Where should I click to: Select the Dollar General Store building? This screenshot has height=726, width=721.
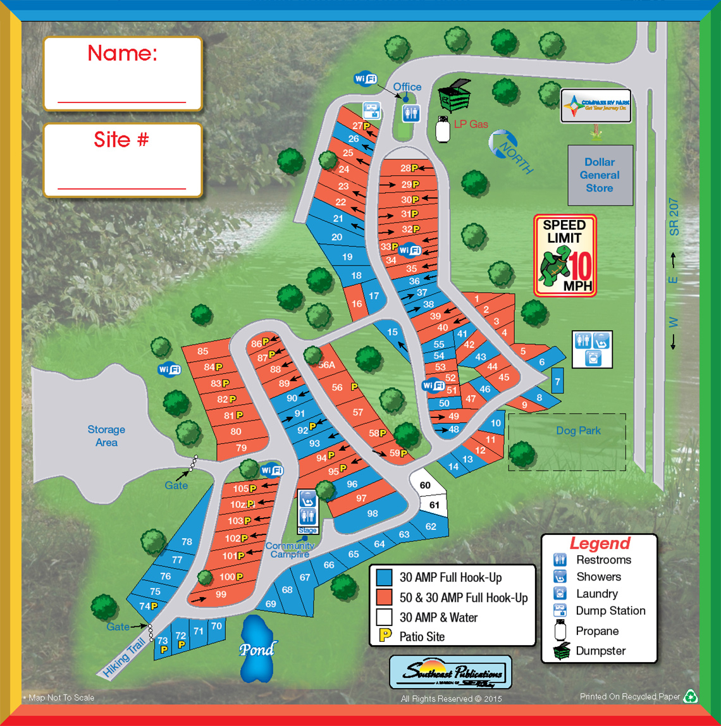(x=600, y=175)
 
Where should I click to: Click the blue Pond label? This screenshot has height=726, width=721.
(x=257, y=649)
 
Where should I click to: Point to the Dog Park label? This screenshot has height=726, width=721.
(x=578, y=431)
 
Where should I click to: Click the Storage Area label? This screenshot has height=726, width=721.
(x=106, y=436)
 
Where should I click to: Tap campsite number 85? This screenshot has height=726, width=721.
(x=202, y=352)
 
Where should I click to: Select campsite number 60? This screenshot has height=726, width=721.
(x=426, y=485)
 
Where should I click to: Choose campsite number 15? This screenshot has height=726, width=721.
(x=392, y=332)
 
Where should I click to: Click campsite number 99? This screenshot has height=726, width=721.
(x=221, y=594)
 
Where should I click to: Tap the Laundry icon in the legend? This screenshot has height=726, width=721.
(x=559, y=594)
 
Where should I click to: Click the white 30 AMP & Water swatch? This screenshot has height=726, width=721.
(x=384, y=617)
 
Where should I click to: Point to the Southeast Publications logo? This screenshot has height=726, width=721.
(x=450, y=671)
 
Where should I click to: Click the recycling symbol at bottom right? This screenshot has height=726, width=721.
(x=692, y=696)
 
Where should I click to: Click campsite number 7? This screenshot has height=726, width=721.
(x=557, y=382)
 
